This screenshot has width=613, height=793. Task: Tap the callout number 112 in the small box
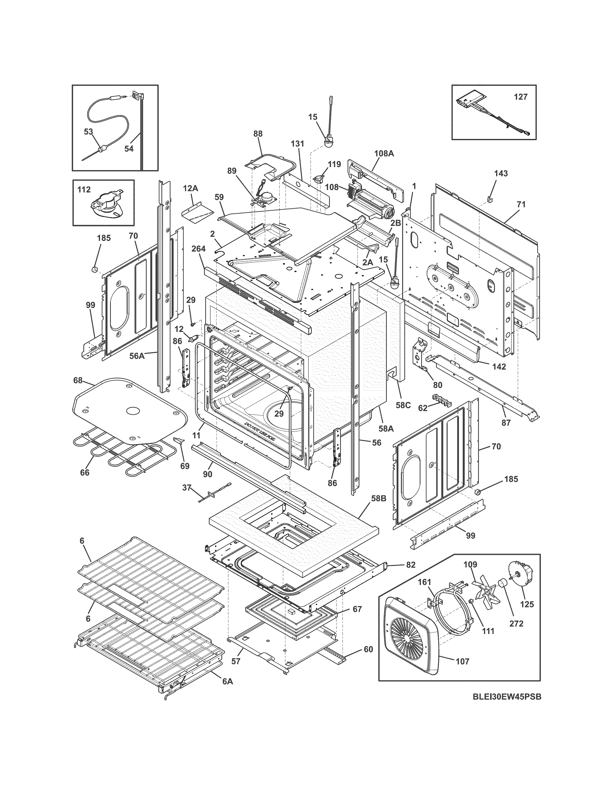[x=84, y=190]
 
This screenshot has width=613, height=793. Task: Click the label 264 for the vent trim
[x=199, y=249]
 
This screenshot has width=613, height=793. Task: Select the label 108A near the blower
[x=384, y=154]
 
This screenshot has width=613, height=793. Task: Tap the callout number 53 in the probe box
[x=89, y=132]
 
